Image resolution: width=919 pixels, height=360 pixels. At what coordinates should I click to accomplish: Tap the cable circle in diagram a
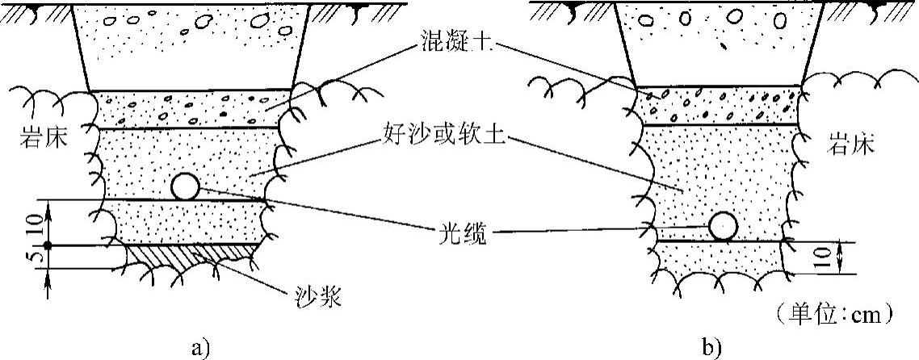[x=185, y=186]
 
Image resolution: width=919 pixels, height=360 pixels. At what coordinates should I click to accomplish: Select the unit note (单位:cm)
[x=833, y=311]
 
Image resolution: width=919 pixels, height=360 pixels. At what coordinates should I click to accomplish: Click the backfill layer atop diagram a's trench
[x=191, y=44]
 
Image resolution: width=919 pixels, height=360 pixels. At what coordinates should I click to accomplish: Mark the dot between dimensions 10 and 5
[x=48, y=245]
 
